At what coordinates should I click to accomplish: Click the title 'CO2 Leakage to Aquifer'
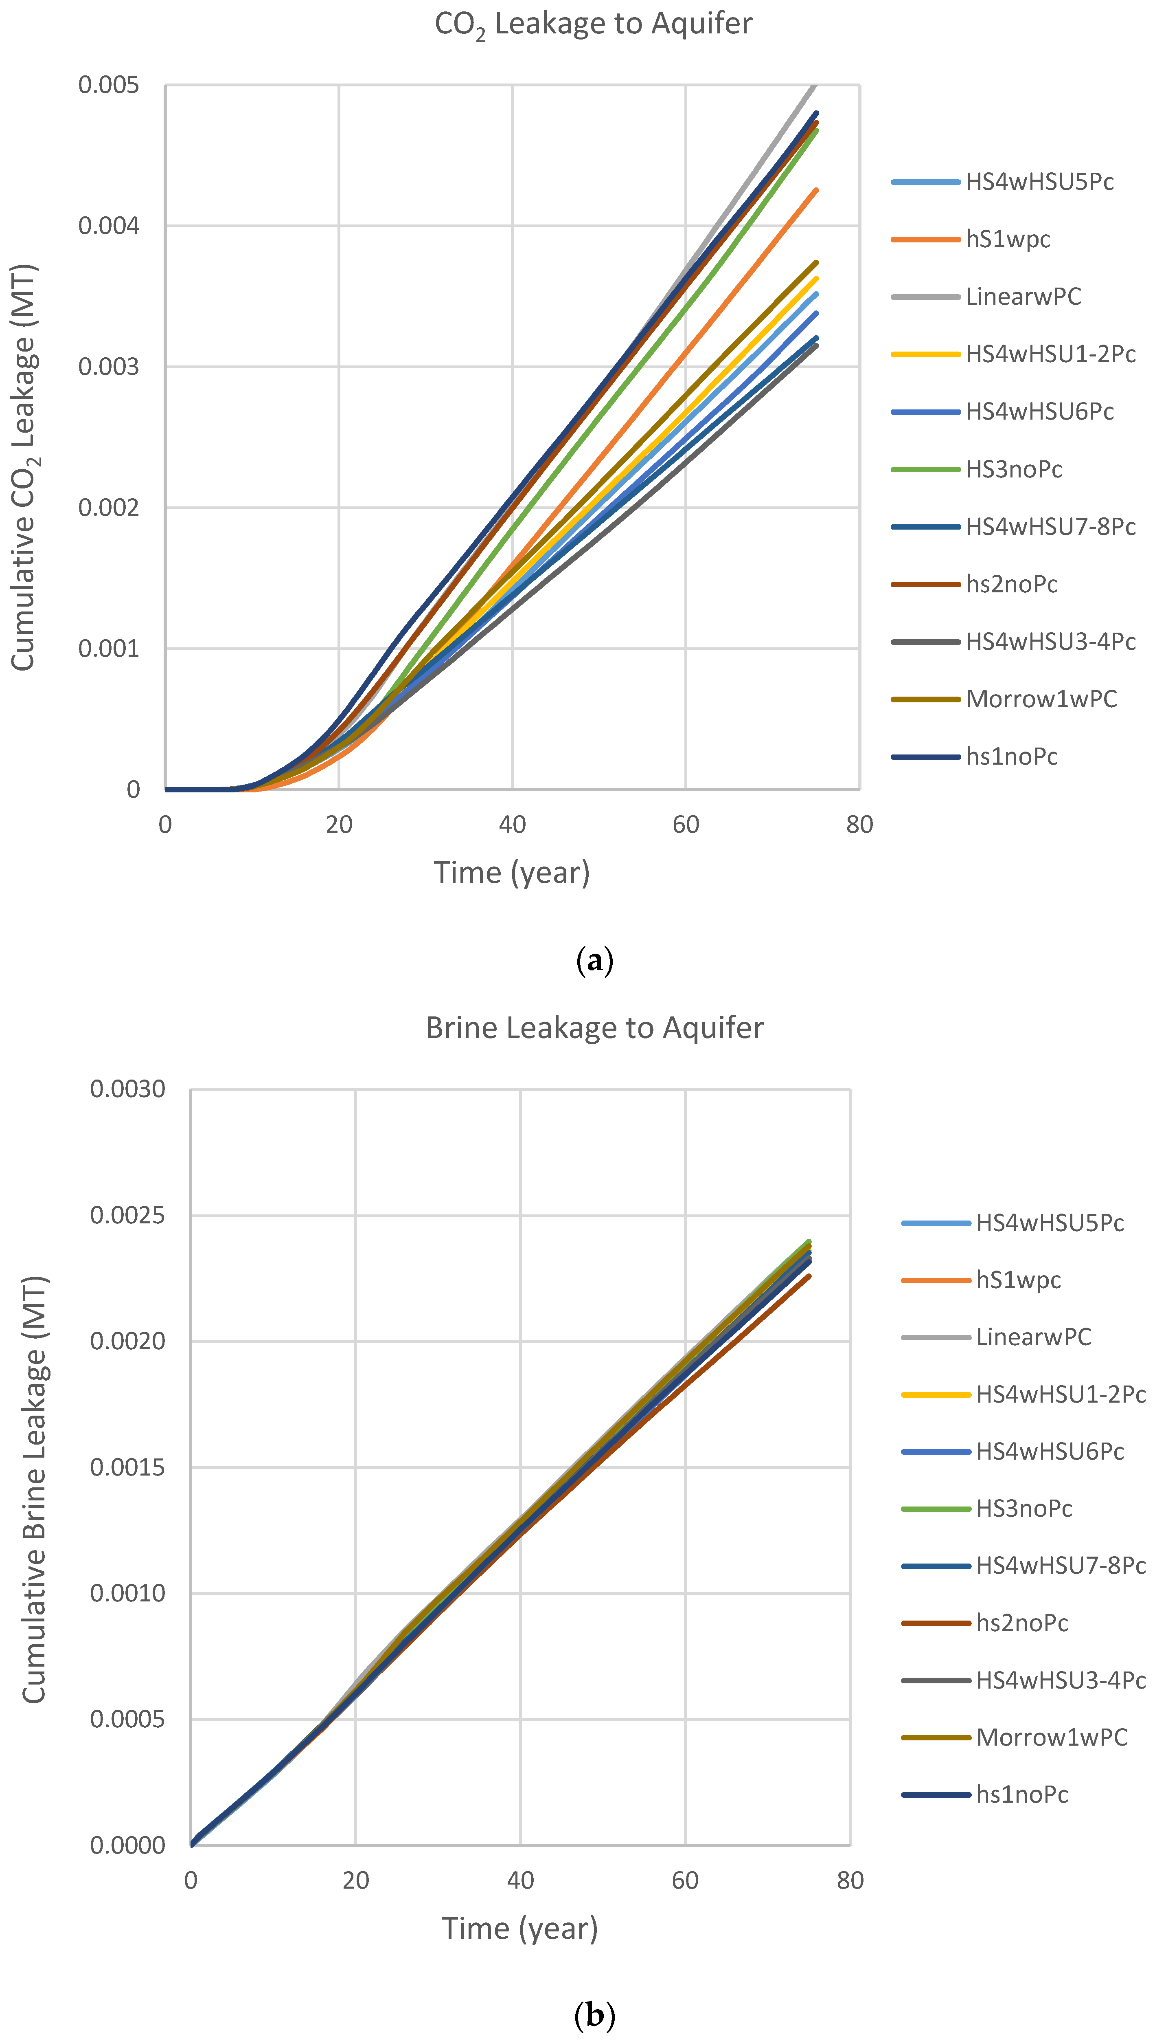pyautogui.click(x=593, y=24)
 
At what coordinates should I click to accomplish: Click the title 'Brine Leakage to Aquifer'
pyautogui.click(x=594, y=1028)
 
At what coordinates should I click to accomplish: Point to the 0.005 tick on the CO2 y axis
pyautogui.click(x=109, y=85)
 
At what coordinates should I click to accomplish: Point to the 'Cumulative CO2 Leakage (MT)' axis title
pyautogui.click(x=24, y=468)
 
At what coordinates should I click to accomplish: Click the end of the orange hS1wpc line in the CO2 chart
pyautogui.click(x=816, y=190)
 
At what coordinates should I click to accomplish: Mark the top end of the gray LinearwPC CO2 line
pyautogui.click(x=815, y=86)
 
